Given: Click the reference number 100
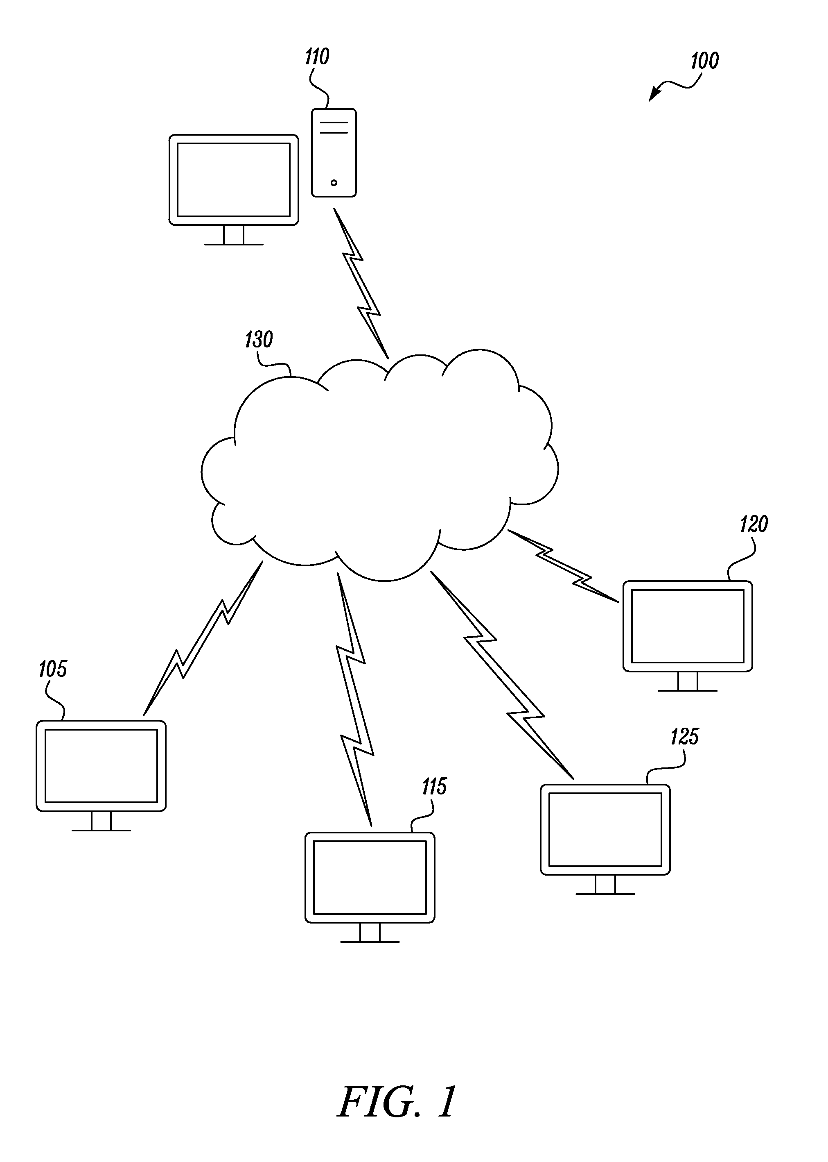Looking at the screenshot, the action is click(x=705, y=61).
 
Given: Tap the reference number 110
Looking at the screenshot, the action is click(x=317, y=57).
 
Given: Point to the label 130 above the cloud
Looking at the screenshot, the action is click(x=259, y=339).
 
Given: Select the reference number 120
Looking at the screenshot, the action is click(x=754, y=524).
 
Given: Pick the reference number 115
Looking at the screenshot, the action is click(x=434, y=787).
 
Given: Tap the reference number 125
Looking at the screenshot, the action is click(x=684, y=737).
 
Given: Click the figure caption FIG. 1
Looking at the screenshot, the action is click(x=397, y=1102).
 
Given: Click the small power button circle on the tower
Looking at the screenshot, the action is click(x=334, y=182).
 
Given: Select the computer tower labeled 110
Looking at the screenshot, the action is click(x=334, y=152).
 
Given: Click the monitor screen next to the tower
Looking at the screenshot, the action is click(x=234, y=179).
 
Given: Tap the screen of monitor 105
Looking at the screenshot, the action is click(x=101, y=765).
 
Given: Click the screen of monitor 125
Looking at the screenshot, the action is click(x=605, y=829).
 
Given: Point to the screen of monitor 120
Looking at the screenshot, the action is click(x=688, y=626).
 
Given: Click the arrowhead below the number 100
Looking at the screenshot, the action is click(x=653, y=95).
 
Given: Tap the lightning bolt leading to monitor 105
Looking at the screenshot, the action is click(x=203, y=638).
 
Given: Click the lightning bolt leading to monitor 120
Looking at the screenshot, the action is click(x=563, y=566).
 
